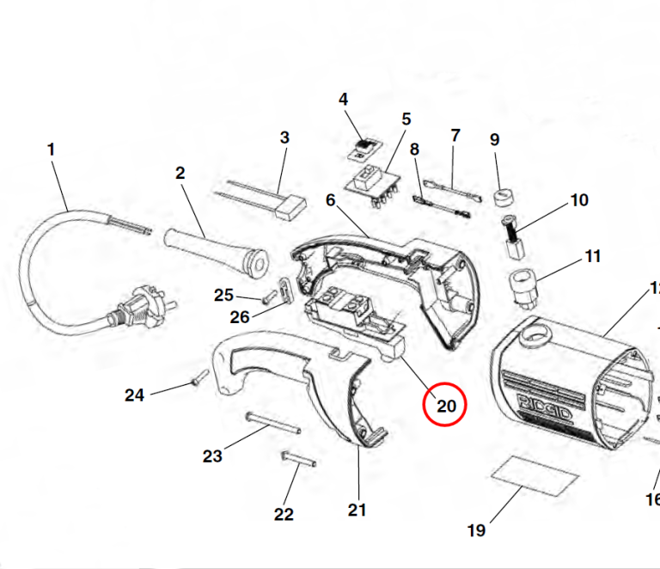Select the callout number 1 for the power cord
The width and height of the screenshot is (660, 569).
pos(51,149)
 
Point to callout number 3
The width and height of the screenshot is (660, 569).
pos(284,137)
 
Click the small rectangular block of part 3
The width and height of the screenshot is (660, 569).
pos(295,204)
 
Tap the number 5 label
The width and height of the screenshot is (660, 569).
pos(406,119)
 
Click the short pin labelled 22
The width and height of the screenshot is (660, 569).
pos(294,457)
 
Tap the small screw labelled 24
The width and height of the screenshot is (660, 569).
pos(199,376)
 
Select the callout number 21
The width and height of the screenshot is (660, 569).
pos(357,510)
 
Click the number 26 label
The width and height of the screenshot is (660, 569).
pos(239,316)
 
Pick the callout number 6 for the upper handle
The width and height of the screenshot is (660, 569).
pos(330,199)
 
